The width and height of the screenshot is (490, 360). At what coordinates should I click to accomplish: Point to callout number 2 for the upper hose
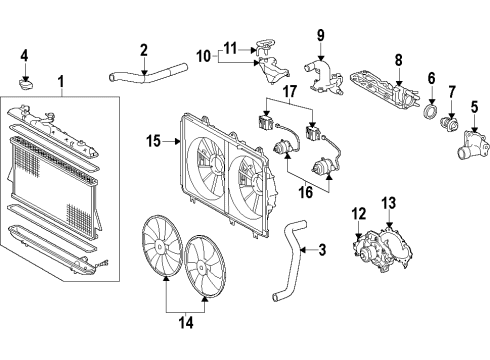pyautogui.click(x=144, y=49)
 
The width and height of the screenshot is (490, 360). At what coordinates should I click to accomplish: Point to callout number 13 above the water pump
pyautogui.click(x=390, y=204)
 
